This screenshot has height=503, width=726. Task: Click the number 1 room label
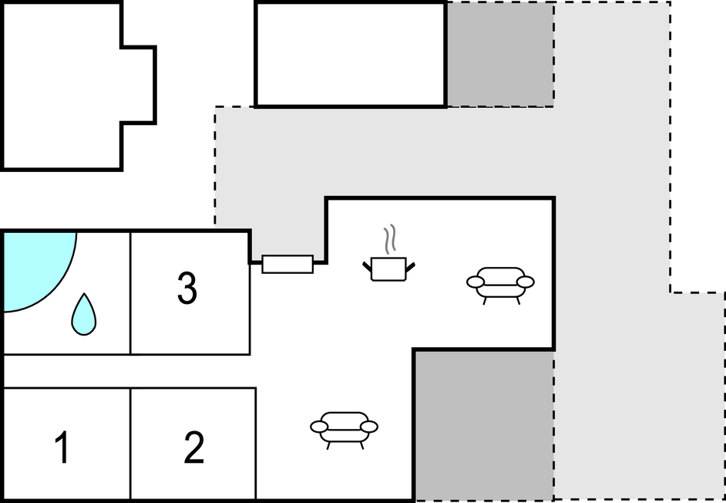(62, 447)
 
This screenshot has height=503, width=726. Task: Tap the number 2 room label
(193, 447)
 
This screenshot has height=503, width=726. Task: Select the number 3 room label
(187, 288)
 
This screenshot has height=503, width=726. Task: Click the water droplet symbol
(84, 314)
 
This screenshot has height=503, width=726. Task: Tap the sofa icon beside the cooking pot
(500, 285)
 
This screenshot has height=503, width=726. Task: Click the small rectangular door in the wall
(287, 265)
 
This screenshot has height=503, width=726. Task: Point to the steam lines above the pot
(390, 238)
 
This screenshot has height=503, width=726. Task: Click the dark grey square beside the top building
(500, 54)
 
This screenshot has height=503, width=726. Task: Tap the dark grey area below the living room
(484, 425)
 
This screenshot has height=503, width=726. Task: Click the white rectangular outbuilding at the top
(351, 54)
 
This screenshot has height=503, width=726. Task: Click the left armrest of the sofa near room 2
(319, 427)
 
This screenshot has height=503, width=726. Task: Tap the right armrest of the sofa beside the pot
(526, 282)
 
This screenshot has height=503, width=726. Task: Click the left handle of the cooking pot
(367, 267)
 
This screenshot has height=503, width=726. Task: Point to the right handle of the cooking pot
(410, 267)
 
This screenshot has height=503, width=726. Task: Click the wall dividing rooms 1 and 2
(130, 444)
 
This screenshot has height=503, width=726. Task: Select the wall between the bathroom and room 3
(130, 293)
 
